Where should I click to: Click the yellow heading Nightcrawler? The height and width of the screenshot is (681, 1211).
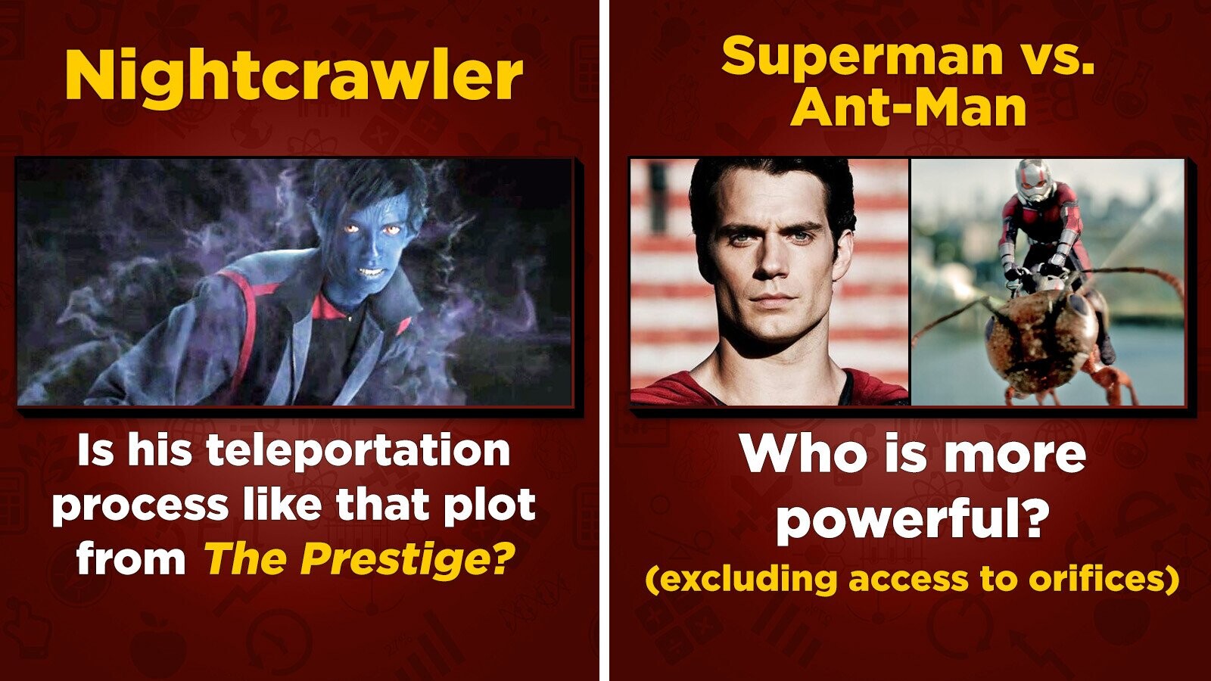[x=294, y=76]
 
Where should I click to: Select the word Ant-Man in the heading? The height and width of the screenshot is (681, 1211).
[x=908, y=107]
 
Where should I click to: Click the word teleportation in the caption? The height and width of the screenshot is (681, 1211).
[x=358, y=451]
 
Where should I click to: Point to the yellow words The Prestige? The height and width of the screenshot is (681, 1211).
[x=360, y=558]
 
